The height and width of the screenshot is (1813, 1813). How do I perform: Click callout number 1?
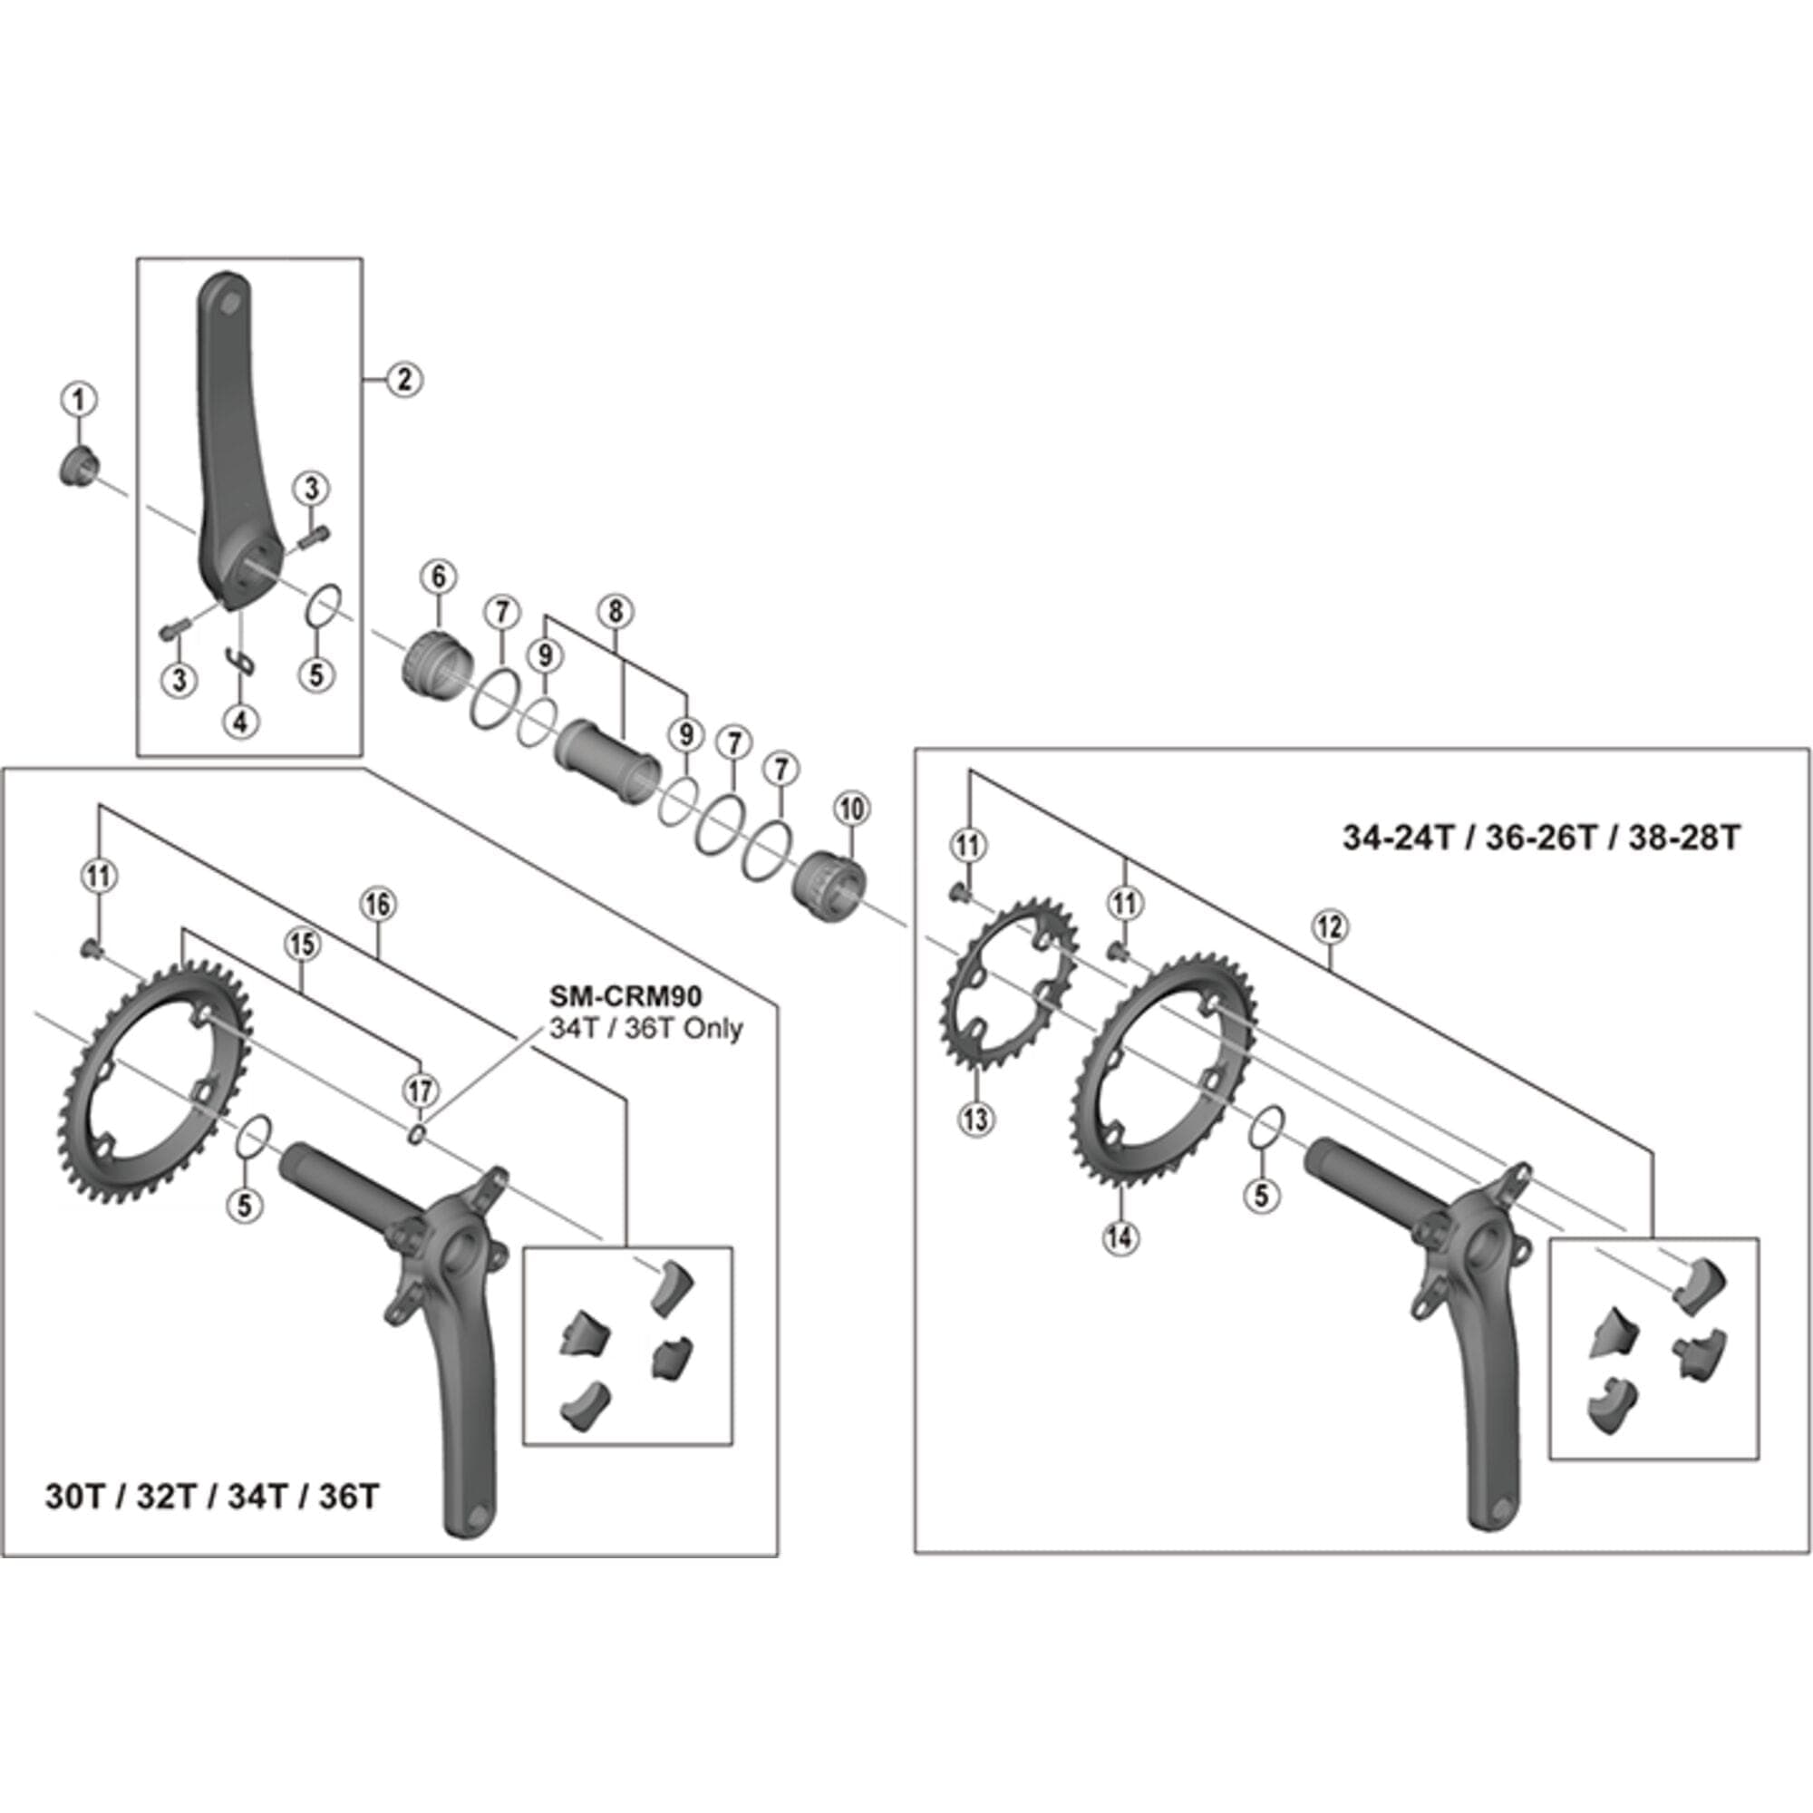tap(79, 400)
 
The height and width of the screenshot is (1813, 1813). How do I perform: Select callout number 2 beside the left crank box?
tap(404, 379)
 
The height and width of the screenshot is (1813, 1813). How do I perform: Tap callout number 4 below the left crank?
tap(241, 722)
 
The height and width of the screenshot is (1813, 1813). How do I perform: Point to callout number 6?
tap(438, 577)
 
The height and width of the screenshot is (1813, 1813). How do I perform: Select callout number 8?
tap(616, 612)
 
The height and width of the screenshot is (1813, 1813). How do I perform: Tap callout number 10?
tap(851, 809)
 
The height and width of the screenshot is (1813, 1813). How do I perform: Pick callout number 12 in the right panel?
tap(1331, 927)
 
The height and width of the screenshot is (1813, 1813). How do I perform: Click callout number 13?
tap(976, 1119)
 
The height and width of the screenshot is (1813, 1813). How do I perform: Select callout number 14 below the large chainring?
tap(1120, 1237)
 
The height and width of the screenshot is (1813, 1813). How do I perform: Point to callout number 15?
tap(302, 945)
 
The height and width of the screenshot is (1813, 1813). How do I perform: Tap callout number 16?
tap(377, 905)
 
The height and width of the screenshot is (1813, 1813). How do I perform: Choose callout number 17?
tap(421, 1091)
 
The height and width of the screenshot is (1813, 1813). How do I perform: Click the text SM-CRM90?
tap(625, 995)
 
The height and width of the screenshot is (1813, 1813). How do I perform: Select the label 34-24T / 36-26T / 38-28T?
tap(1541, 837)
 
